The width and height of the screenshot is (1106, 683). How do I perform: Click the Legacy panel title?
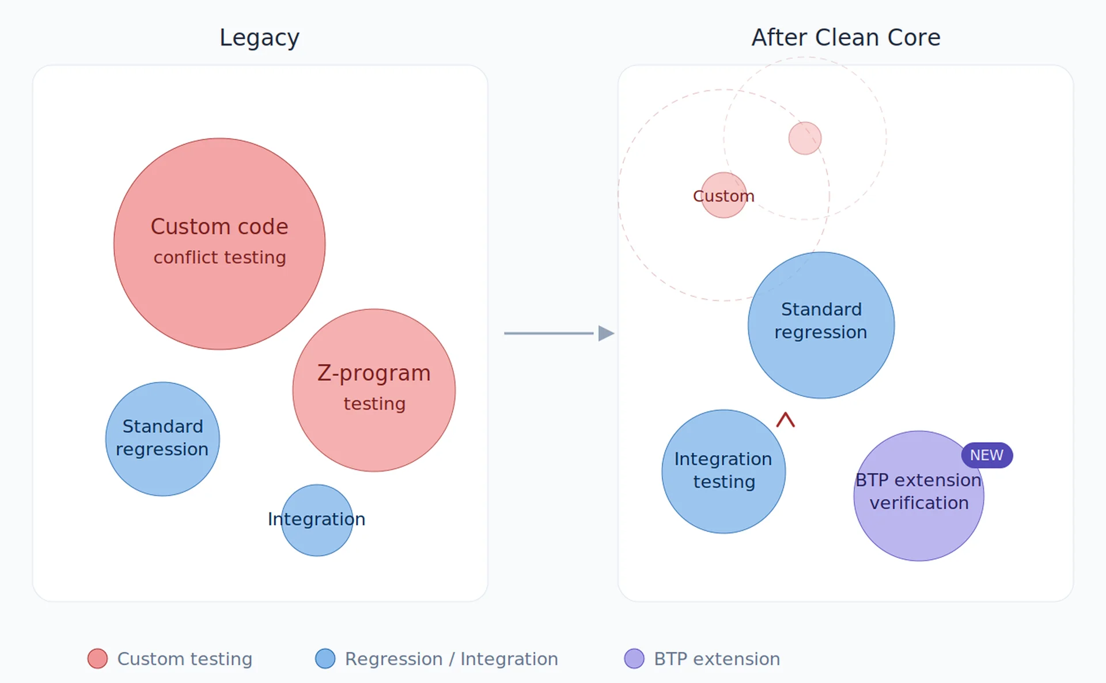259,38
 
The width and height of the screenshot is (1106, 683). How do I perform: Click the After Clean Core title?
846,38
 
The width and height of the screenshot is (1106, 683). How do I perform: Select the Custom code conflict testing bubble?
219,244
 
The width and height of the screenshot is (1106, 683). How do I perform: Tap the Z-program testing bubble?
374,390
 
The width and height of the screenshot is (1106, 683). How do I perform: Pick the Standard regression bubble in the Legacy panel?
162,439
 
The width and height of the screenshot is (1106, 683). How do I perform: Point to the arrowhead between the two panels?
605,333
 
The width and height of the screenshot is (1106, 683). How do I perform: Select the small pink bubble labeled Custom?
724,195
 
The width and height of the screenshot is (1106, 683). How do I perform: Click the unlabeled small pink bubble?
805,138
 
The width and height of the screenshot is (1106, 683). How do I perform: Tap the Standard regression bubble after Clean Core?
821,325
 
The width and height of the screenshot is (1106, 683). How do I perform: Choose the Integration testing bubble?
724,471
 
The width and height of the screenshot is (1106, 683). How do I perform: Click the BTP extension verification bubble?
919,496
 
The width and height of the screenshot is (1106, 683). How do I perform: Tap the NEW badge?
987,456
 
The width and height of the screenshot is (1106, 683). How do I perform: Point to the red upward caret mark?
785,420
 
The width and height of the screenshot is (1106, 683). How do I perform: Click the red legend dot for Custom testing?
97,659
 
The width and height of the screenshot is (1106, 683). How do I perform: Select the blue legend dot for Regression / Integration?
325,659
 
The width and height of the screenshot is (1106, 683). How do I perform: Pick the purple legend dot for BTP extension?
634,659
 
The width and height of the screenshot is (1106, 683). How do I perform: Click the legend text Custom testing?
184,659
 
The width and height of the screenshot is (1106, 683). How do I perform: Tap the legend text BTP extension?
717,659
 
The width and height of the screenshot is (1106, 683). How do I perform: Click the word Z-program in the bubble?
374,374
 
